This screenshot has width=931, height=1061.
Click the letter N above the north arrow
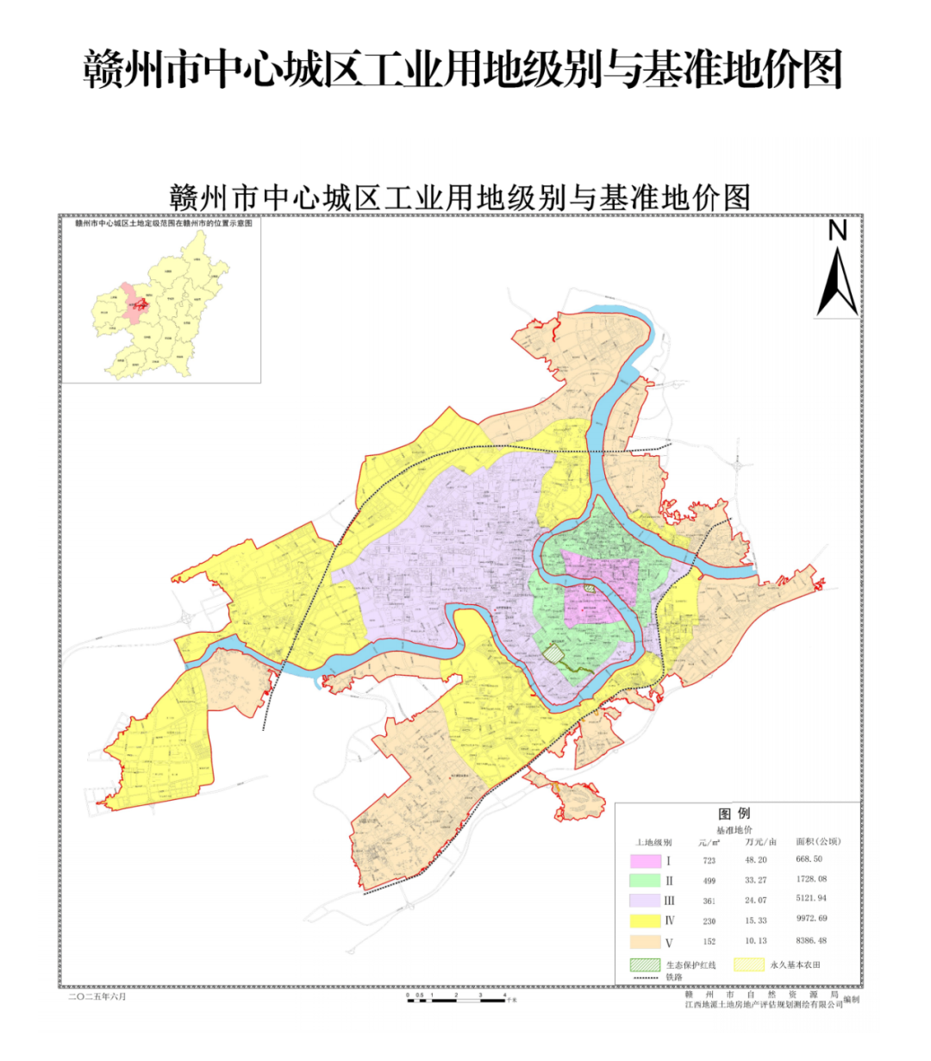837,231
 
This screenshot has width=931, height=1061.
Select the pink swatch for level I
645,861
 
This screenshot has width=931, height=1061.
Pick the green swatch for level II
645,881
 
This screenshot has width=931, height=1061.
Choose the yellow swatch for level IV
645,921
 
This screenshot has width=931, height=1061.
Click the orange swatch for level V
645,941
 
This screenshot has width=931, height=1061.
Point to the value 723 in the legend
709,861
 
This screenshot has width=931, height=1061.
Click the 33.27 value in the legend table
755,880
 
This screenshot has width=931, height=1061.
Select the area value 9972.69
811,919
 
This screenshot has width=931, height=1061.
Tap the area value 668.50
809,859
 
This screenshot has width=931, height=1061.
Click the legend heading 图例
734,814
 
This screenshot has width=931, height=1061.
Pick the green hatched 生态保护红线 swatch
645,964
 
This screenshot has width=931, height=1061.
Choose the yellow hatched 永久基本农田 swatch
748,964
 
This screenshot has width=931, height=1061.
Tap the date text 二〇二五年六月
97,996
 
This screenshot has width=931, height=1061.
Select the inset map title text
163,222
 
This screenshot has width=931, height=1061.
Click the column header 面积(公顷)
817,841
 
